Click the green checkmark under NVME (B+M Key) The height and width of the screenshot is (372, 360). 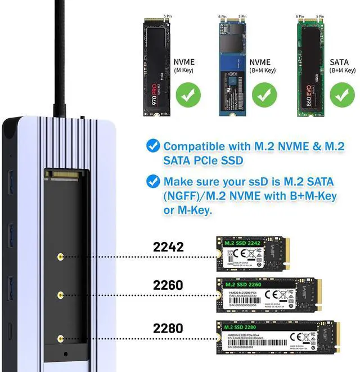click(265, 95)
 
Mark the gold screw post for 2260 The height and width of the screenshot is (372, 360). click(60, 294)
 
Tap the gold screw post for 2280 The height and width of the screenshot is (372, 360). click(60, 338)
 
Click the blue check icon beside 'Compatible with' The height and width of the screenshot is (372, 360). click(152, 146)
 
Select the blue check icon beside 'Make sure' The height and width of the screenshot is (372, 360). click(152, 181)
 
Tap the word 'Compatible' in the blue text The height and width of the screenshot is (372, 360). click(195, 146)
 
